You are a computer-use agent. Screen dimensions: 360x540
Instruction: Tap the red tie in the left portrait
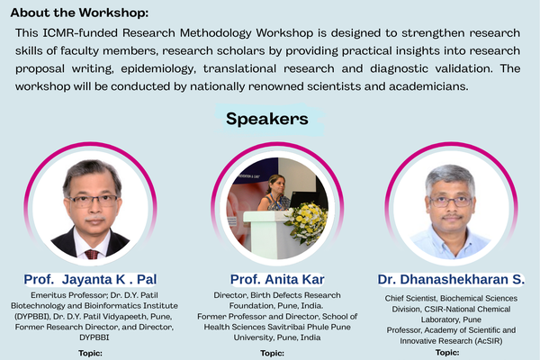coord(91,253)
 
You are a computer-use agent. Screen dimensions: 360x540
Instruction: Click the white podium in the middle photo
coord(270,235)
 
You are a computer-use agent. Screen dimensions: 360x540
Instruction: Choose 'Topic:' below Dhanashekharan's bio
coord(447,353)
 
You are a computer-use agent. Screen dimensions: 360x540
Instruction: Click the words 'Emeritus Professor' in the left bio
coord(58,294)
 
